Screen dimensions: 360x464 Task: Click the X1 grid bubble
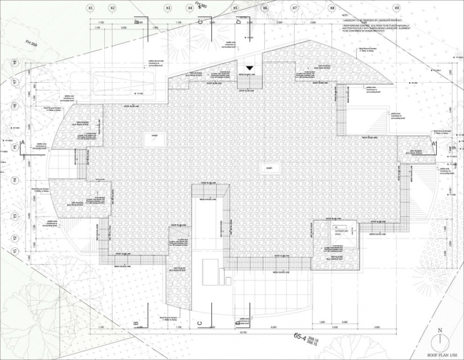pos(90,8)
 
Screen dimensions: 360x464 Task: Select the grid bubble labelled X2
pos(113,8)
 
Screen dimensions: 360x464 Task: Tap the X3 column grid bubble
pos(168,8)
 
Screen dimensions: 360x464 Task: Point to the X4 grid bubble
pos(190,8)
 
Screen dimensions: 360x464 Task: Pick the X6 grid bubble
pos(265,8)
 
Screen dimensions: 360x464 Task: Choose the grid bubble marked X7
pos(295,8)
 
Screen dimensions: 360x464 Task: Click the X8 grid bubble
pos(332,8)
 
